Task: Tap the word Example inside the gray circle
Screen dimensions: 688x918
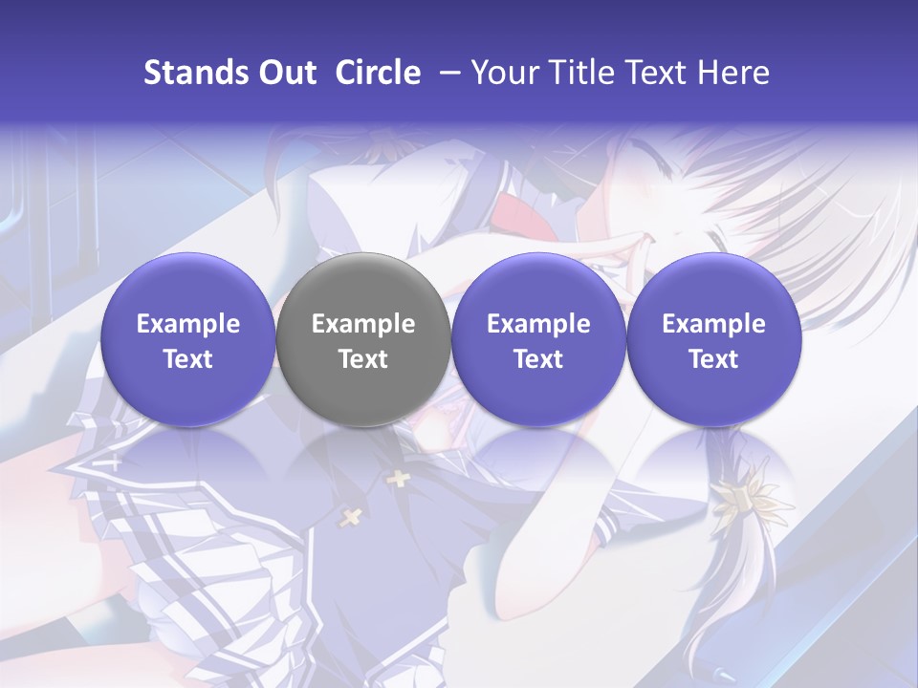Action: [362, 324]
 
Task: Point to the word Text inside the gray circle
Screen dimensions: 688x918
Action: [362, 359]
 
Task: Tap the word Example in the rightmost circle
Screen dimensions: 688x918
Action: [713, 324]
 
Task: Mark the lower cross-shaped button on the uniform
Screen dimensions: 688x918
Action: [351, 517]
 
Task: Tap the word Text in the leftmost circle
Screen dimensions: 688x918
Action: [187, 359]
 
